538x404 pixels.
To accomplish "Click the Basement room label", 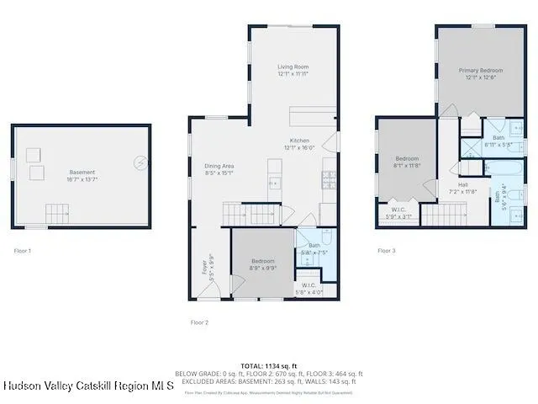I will pos(82,172).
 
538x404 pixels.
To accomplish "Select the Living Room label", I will pos(293,66).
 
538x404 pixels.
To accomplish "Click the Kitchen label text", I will pos(300,140).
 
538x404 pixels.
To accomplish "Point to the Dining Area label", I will pos(219,166).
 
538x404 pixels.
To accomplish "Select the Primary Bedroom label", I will pos(481,70).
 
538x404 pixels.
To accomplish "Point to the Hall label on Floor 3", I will pos(463,184).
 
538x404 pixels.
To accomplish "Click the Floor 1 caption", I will pos(23,251).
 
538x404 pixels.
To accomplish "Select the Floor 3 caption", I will pos(386,251).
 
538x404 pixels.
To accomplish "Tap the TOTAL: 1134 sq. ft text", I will pos(268,365).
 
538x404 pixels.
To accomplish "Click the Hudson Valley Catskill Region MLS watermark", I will pos(87,385).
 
